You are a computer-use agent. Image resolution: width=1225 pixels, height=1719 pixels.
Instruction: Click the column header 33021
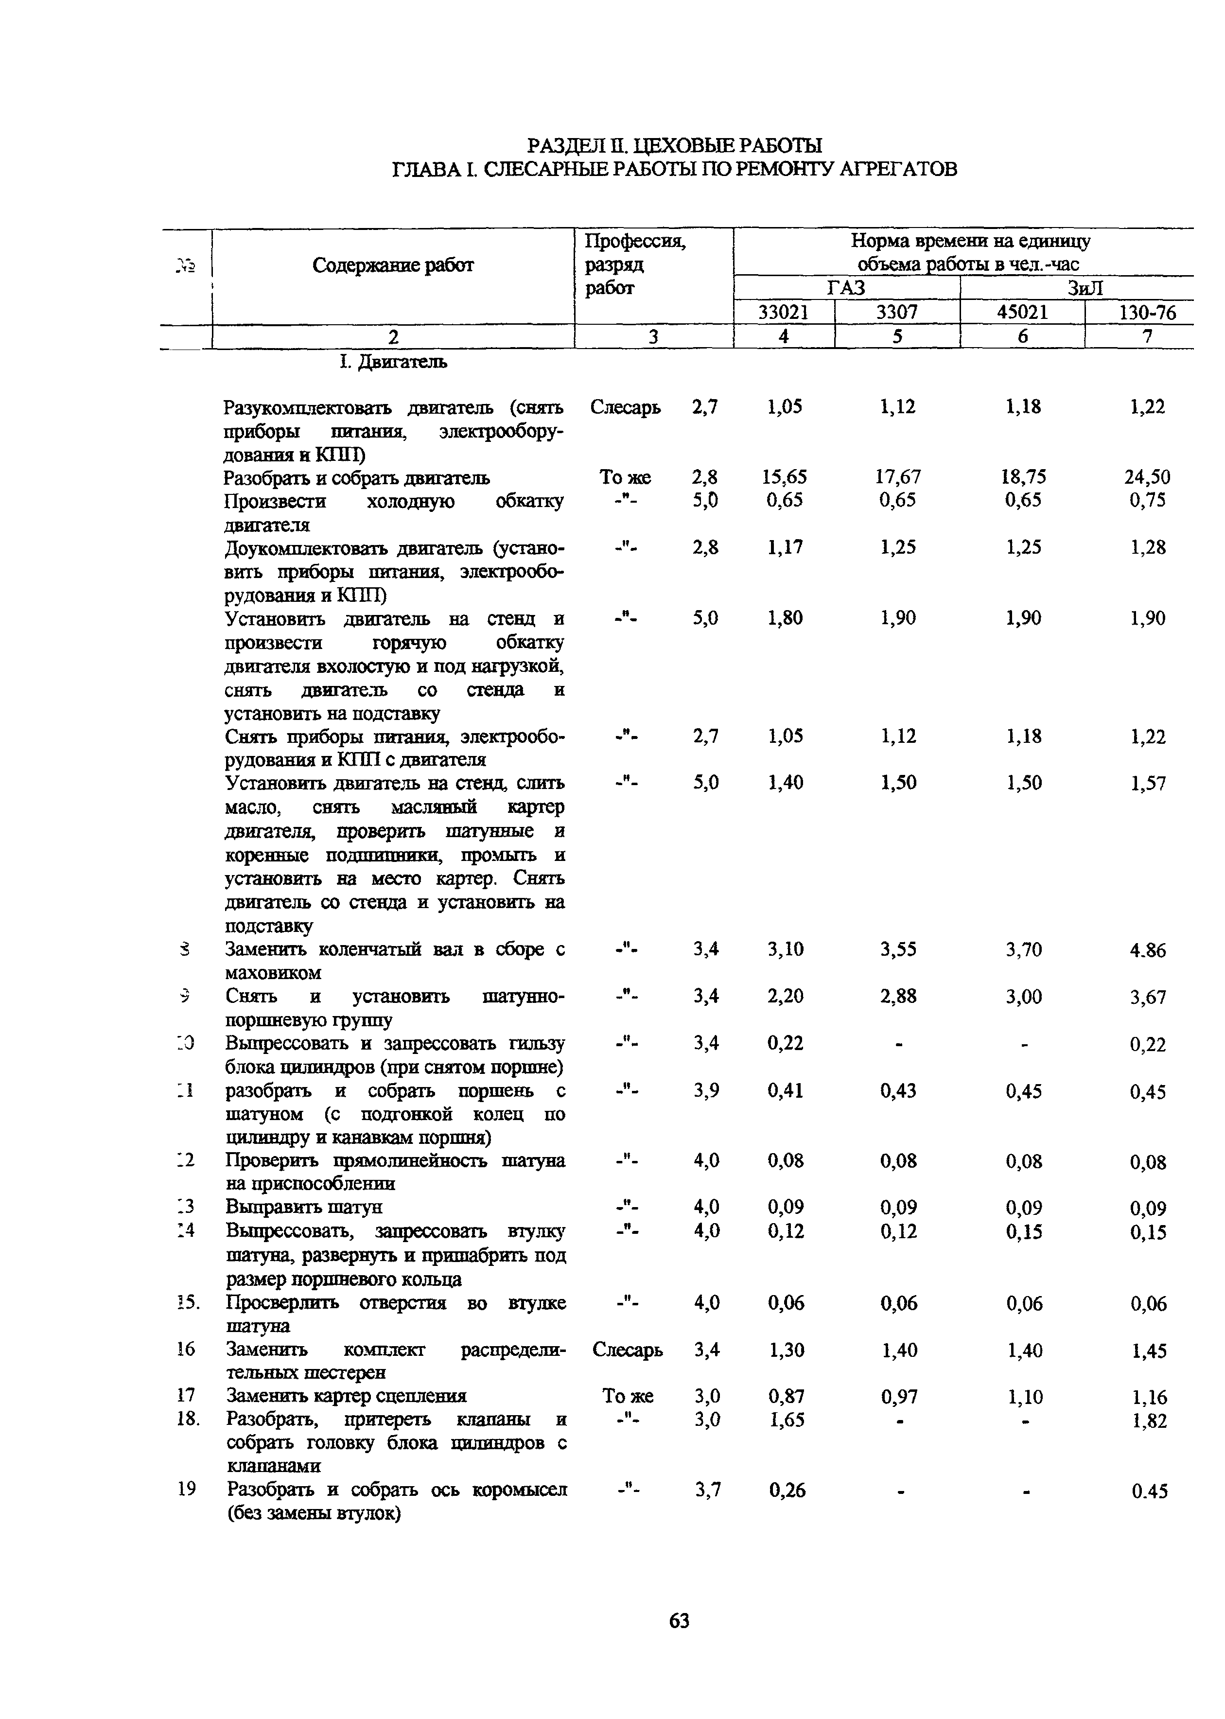783,312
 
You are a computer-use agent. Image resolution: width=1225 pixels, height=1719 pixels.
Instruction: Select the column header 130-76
1147,312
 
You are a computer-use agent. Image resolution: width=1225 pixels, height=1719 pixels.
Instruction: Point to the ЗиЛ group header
1085,288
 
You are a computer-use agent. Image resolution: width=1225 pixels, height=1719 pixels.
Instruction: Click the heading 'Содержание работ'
392,265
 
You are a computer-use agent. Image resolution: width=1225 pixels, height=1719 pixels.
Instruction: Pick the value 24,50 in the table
1147,477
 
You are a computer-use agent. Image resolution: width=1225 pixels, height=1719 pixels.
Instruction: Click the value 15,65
785,477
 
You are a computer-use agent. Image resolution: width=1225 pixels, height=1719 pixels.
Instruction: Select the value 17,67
898,477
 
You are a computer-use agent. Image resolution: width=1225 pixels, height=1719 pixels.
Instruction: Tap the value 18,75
1023,477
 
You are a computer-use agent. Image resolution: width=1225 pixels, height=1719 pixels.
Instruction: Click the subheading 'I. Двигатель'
392,362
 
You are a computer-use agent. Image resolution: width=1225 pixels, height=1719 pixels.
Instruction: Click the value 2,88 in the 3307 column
898,997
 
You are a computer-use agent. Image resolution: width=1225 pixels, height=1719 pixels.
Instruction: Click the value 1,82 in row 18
1149,1421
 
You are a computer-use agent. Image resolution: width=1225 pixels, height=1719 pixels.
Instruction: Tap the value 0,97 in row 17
898,1397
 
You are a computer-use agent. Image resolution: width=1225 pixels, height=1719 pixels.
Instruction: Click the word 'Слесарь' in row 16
628,1350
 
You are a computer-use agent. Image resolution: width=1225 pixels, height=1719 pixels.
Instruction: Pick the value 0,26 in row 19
787,1491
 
